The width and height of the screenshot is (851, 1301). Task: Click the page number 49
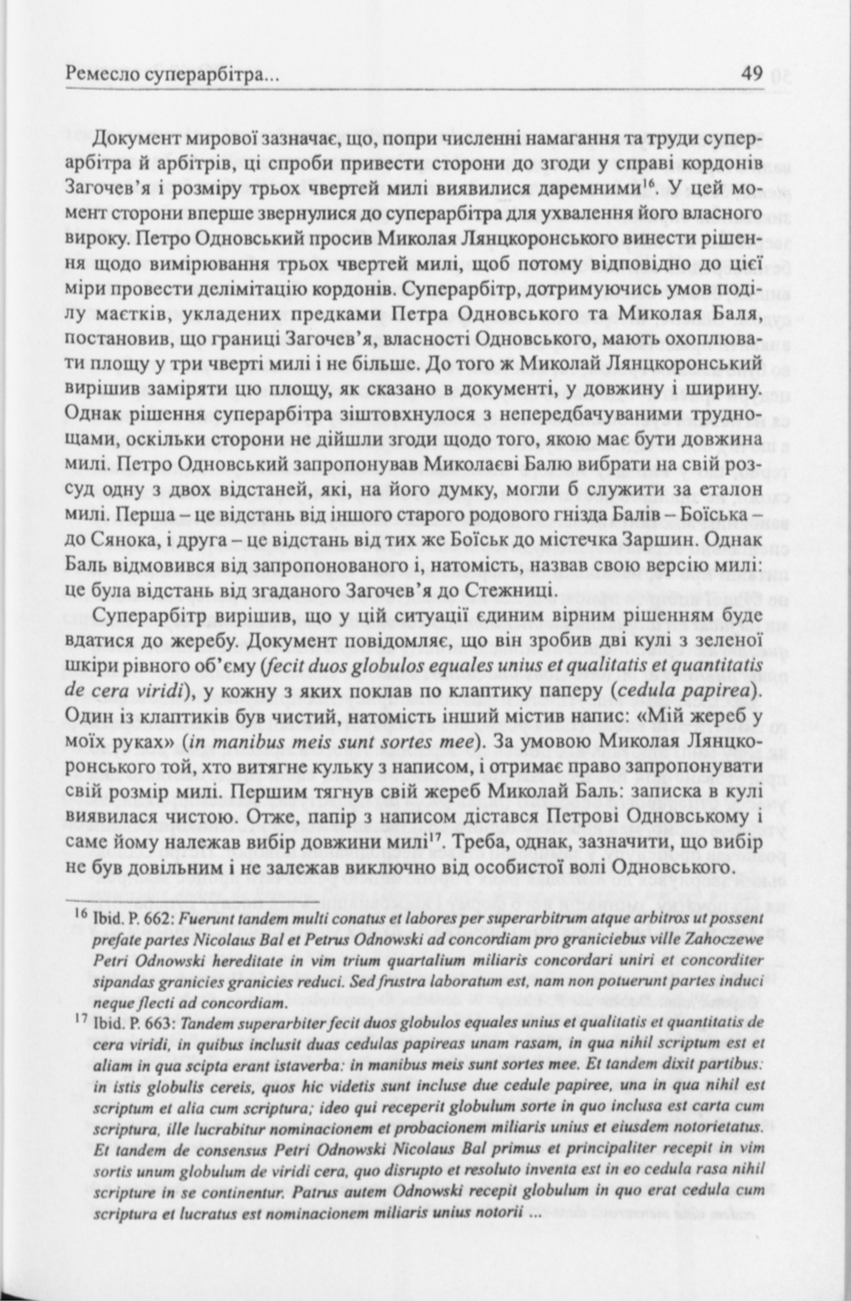pos(751,74)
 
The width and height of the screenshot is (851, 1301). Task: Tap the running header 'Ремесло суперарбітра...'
pos(173,76)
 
